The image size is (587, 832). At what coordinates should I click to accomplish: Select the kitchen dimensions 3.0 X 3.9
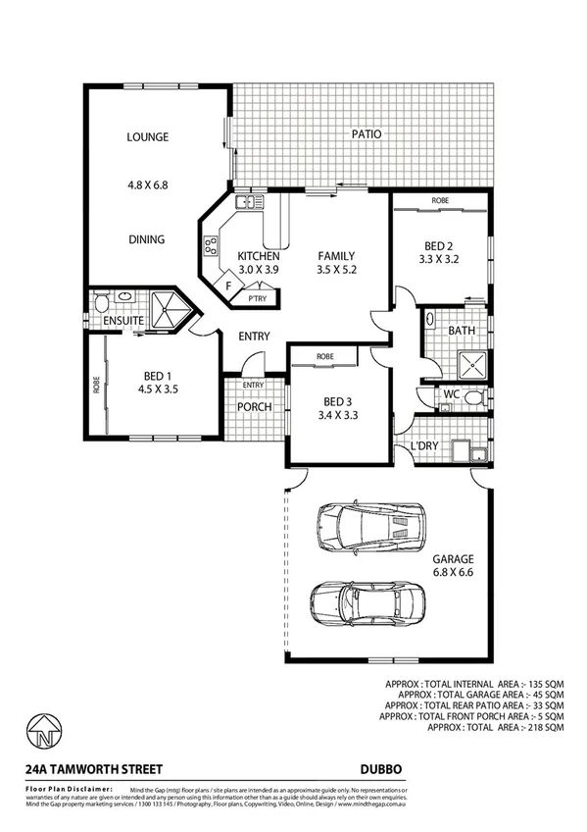tap(259, 269)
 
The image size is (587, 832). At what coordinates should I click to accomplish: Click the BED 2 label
tap(438, 248)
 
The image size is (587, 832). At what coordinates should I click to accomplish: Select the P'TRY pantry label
tap(259, 298)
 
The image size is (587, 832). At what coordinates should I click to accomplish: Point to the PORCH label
tap(254, 407)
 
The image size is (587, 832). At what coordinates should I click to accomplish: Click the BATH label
tap(462, 332)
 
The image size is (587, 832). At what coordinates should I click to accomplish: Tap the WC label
tap(451, 394)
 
